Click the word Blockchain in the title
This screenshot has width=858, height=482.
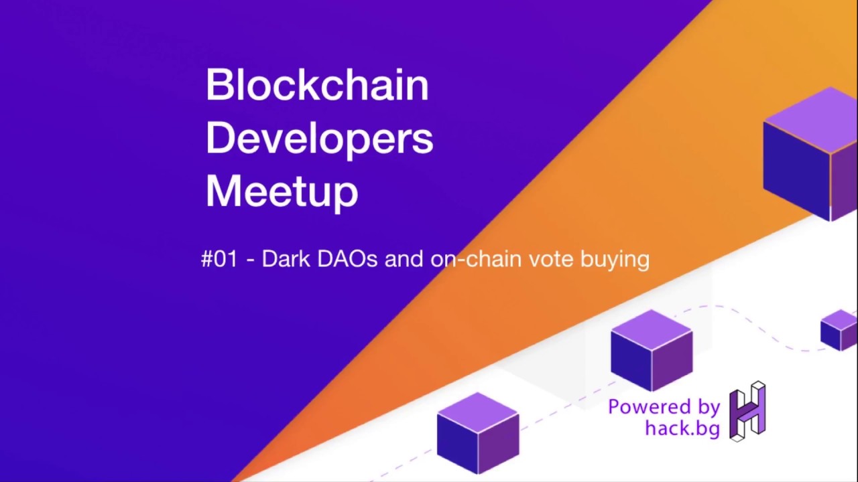tap(316, 85)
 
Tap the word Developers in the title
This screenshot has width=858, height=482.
tap(319, 139)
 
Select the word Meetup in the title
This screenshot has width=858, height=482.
tap(282, 191)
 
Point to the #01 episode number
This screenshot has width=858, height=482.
tap(219, 259)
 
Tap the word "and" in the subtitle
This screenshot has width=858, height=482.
tap(404, 259)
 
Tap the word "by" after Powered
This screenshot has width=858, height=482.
tap(708, 408)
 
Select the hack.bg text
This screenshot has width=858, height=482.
tap(682, 428)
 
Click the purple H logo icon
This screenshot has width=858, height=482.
tap(747, 411)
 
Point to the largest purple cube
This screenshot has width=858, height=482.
tap(811, 154)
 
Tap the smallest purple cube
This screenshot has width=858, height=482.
tap(839, 329)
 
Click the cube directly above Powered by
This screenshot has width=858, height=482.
tap(651, 350)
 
